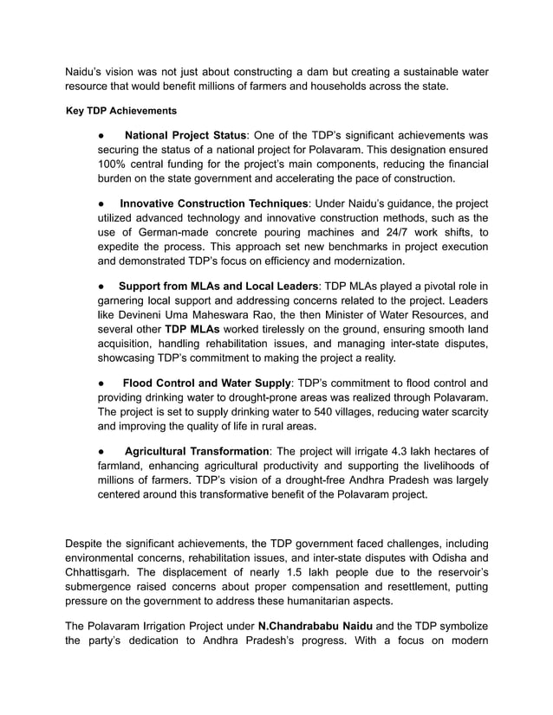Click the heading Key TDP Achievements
pos(121,111)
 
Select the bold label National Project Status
pos(185,136)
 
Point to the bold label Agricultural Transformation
pos(197,451)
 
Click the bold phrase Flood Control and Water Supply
pos(206,383)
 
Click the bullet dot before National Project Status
pos(101,136)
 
